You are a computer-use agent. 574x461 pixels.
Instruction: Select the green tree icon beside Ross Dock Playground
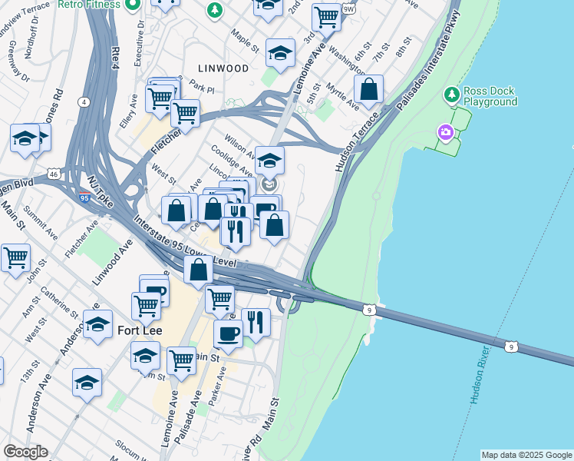click(x=451, y=95)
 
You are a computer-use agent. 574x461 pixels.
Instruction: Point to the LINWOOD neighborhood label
click(x=222, y=68)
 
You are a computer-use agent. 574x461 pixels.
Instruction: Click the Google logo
click(x=25, y=452)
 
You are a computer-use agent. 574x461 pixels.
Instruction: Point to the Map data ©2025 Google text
click(x=526, y=455)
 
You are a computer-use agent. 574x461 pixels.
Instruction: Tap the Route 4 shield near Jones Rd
click(x=83, y=101)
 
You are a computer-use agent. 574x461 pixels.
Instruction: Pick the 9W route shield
click(x=349, y=9)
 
